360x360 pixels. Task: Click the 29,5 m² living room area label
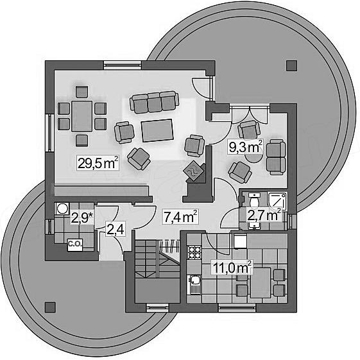[x=98, y=163]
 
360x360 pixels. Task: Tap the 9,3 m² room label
[x=245, y=146]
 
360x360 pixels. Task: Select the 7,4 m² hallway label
[x=180, y=216]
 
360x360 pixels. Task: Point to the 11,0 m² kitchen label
[x=232, y=267]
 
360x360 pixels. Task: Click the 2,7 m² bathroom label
[x=264, y=215]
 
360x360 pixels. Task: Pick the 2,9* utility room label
[x=83, y=218]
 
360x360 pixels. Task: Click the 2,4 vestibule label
[x=116, y=230]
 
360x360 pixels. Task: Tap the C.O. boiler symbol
[x=75, y=244]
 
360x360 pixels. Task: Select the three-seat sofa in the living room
[x=154, y=102]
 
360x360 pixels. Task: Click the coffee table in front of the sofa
[x=157, y=131]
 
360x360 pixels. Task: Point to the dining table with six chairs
[x=81, y=116]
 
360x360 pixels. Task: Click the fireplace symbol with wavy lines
[x=194, y=171]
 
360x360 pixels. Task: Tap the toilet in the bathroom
[x=254, y=200]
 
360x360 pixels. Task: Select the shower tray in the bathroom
[x=278, y=201]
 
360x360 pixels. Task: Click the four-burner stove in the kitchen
[x=194, y=253]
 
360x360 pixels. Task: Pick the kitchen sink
[x=194, y=284]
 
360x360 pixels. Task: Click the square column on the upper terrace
[x=291, y=65]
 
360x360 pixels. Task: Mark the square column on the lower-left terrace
[x=50, y=307]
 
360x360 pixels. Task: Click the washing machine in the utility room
[x=62, y=209]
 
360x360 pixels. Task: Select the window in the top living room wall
[x=122, y=65]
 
